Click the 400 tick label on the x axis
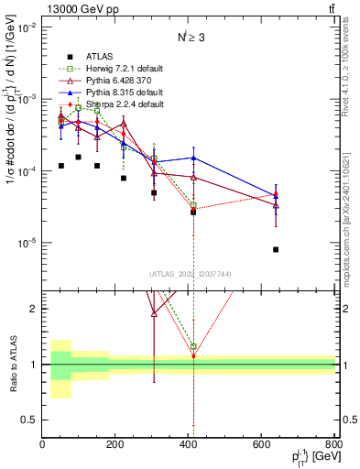(x=190, y=444)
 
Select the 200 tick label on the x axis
(x=115, y=444)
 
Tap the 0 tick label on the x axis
(x=42, y=444)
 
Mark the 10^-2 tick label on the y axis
(x=27, y=27)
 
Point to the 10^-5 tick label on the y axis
(x=27, y=243)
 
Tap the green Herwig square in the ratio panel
(x=193, y=347)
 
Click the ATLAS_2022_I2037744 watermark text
(x=189, y=274)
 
